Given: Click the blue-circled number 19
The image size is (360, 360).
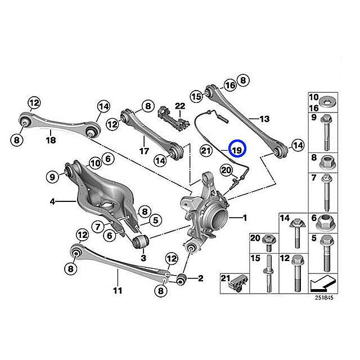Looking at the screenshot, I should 237,150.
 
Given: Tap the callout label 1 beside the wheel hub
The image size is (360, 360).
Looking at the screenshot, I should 245,217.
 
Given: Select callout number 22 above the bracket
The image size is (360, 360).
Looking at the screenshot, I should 179,106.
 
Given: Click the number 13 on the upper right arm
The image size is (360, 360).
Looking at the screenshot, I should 264,119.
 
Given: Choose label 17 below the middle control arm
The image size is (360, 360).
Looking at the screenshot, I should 143,151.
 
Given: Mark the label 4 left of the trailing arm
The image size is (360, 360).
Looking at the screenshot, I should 51,201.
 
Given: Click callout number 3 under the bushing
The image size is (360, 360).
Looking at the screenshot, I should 143,258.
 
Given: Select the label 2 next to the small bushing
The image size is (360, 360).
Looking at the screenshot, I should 200,278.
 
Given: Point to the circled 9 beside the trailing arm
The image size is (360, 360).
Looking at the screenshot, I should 52,177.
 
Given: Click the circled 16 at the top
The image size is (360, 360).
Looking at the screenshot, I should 229,85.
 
